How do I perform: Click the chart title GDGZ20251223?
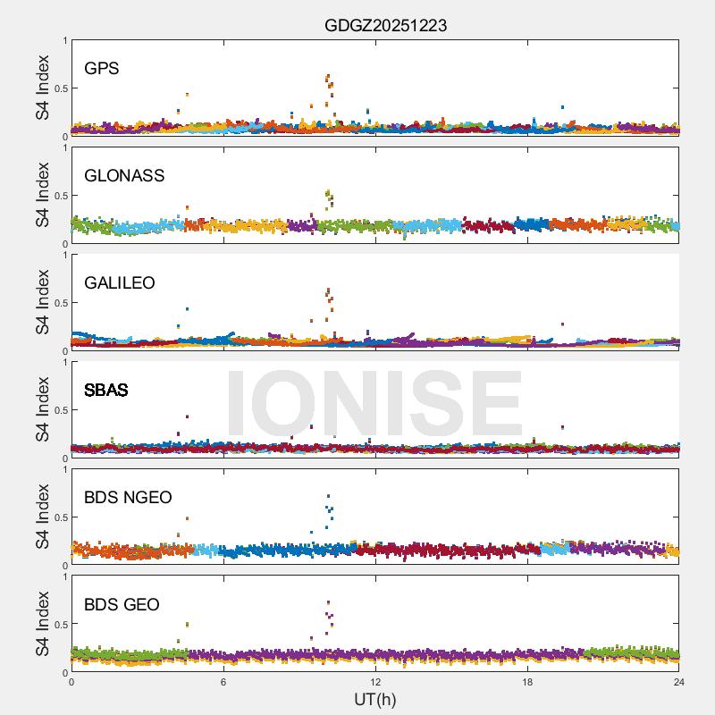(x=385, y=26)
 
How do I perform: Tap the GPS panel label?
(x=102, y=69)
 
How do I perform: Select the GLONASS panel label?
(x=124, y=176)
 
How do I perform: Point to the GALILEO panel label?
(x=120, y=283)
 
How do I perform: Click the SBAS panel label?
(x=106, y=391)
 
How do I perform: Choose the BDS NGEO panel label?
(x=128, y=498)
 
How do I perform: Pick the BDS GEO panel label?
(x=122, y=605)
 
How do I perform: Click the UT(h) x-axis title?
(x=375, y=699)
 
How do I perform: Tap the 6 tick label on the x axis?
(x=223, y=682)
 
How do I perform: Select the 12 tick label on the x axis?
(x=375, y=682)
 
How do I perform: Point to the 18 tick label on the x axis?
(x=527, y=682)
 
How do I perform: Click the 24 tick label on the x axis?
(x=679, y=682)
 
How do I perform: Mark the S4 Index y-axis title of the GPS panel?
(x=43, y=88)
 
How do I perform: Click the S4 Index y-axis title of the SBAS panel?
(x=43, y=409)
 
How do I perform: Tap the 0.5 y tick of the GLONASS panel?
(x=58, y=196)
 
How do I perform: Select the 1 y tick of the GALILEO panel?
(x=64, y=255)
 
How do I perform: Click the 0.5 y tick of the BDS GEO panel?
(x=58, y=625)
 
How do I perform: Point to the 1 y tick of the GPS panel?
(x=64, y=40)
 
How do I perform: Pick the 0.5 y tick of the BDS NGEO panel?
(x=58, y=517)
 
